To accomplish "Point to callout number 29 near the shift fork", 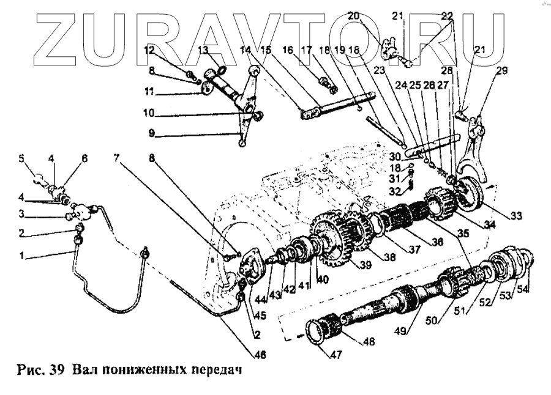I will tap(501, 72).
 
